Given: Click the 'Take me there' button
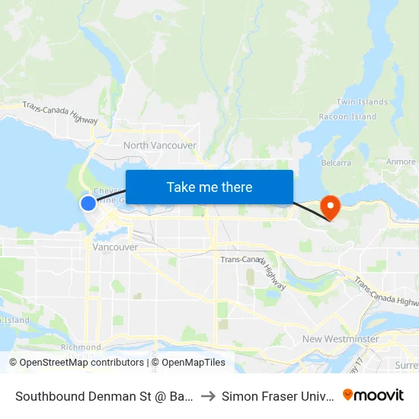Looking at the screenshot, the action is click(x=209, y=187).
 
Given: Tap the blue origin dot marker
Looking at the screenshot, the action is click(x=88, y=203).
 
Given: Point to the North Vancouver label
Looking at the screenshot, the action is click(x=160, y=145).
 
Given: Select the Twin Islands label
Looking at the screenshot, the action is click(x=362, y=102).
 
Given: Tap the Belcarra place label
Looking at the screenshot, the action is click(x=336, y=162).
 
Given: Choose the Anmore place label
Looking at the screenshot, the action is click(x=401, y=162).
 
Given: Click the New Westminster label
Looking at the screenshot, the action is click(x=340, y=338).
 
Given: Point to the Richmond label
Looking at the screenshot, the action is click(x=81, y=347).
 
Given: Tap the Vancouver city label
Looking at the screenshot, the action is click(x=115, y=247).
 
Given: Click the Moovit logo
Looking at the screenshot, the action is click(x=373, y=395).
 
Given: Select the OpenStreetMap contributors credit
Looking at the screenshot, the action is click(x=79, y=363).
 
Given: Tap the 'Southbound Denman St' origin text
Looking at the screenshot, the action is click(x=101, y=396).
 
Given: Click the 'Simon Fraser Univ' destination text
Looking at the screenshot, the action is click(x=277, y=396).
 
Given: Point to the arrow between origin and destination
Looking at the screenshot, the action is click(x=207, y=396).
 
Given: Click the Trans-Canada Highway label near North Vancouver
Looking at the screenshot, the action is click(x=60, y=113).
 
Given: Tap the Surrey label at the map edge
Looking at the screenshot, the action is click(x=406, y=366).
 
